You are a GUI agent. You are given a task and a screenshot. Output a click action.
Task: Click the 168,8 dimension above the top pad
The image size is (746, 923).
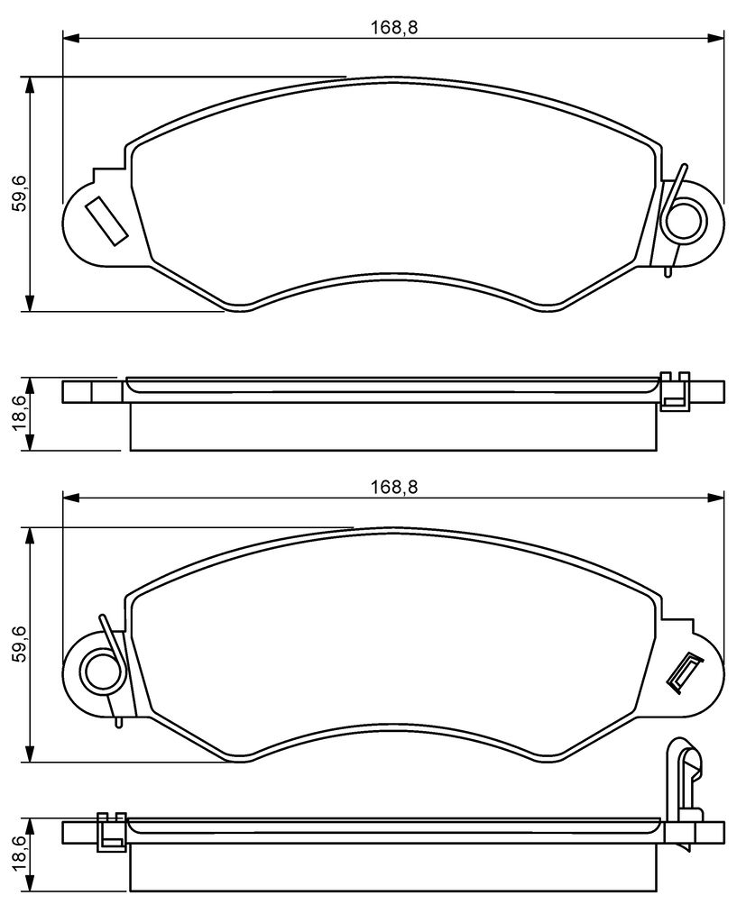pos(393,28)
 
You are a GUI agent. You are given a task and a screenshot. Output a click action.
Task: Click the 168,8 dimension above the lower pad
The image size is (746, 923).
pos(393,487)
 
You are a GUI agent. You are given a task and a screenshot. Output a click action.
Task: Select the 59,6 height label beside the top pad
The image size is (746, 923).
pos(19,195)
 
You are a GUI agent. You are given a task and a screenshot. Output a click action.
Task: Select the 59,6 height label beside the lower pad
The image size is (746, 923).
pos(19,644)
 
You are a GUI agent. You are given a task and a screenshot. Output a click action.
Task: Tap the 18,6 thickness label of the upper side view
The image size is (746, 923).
pos(19,415)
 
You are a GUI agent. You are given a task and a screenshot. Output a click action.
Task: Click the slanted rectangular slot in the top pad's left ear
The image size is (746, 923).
pos(106,222)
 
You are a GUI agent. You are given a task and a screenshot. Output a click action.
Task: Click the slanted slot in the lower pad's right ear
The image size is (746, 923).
pos(684,672)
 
